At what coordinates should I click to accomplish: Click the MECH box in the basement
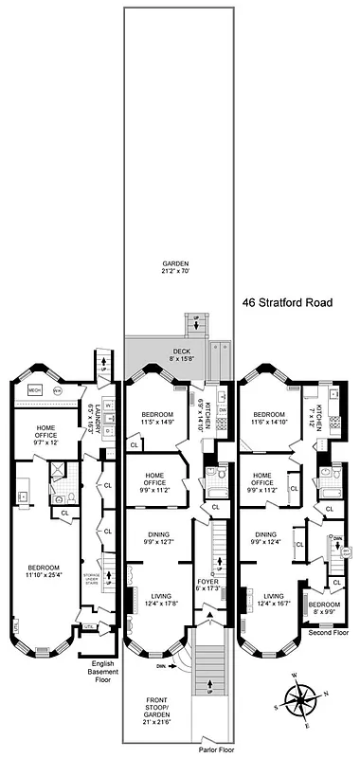tap(34, 388)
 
